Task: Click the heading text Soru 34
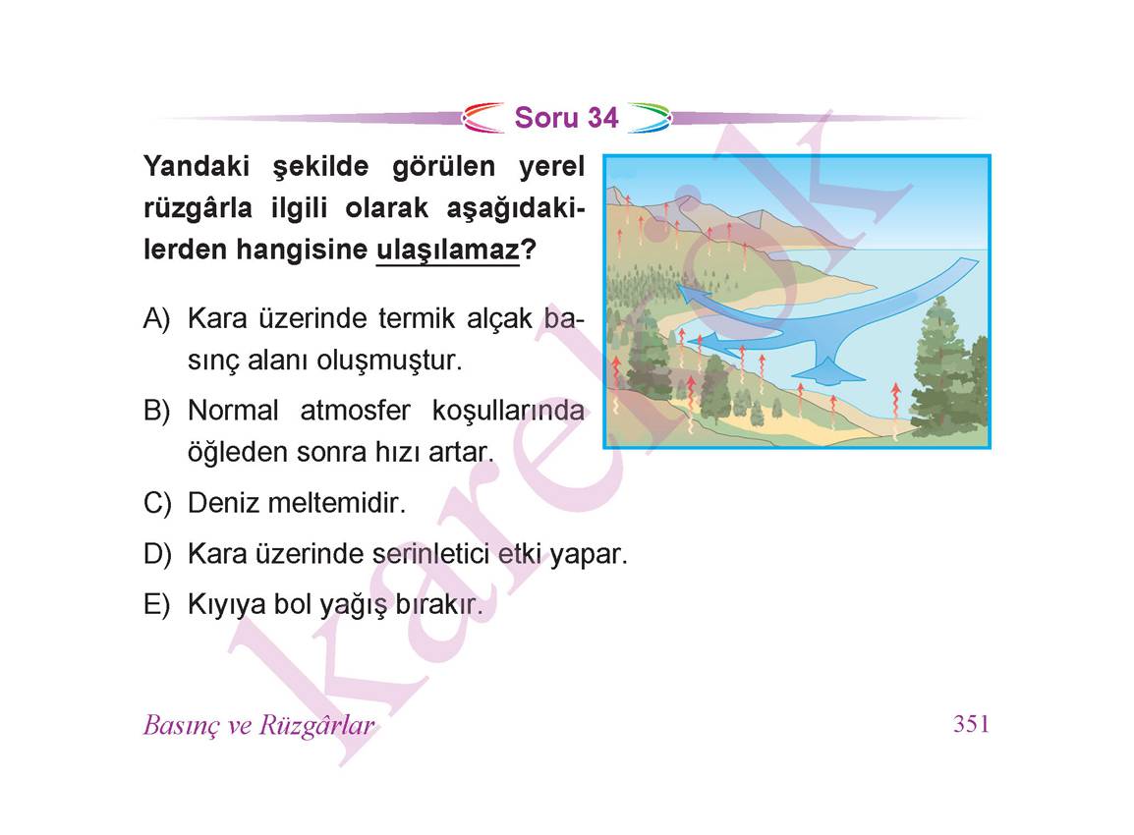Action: pos(566,118)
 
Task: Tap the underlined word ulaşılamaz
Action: pos(448,250)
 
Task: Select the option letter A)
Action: pos(157,318)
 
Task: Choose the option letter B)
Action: pos(157,411)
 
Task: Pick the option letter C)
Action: pos(157,503)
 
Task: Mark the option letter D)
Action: pos(157,554)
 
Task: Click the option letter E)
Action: pos(157,604)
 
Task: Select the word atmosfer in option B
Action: pos(355,411)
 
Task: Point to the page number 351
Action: pos(971,724)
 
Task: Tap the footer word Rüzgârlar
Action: pos(316,725)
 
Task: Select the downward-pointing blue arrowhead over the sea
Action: pos(826,372)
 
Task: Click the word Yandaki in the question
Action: pos(196,166)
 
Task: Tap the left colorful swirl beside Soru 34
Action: pos(483,118)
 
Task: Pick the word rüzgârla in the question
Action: pos(198,209)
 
